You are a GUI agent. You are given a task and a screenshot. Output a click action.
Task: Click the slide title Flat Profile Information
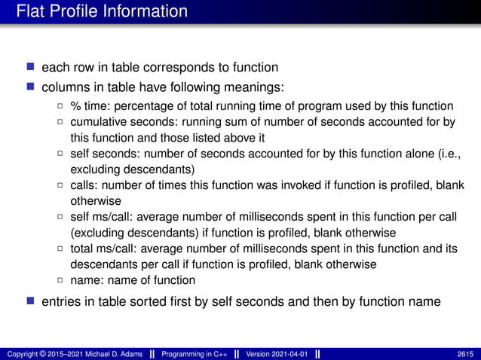pos(102,11)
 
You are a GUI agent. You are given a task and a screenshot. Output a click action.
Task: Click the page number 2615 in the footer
pos(464,354)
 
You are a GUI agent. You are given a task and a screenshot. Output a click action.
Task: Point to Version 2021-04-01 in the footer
pos(277,354)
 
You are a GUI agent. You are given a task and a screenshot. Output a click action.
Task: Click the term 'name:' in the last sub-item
pos(86,280)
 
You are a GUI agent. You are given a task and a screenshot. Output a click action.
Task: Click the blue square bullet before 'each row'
pos(30,67)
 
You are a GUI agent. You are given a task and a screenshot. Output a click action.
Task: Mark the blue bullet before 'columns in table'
pos(30,87)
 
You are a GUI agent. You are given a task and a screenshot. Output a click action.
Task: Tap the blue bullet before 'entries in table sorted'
pos(30,302)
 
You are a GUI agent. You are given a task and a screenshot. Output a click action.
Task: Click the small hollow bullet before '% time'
pos(60,106)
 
